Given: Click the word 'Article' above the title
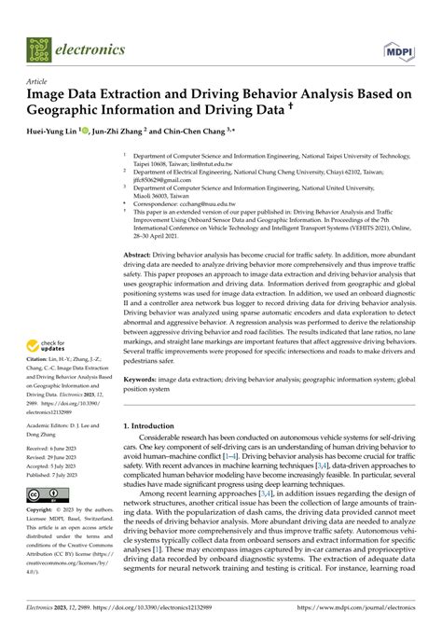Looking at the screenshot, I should pyautogui.click(x=37, y=81).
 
